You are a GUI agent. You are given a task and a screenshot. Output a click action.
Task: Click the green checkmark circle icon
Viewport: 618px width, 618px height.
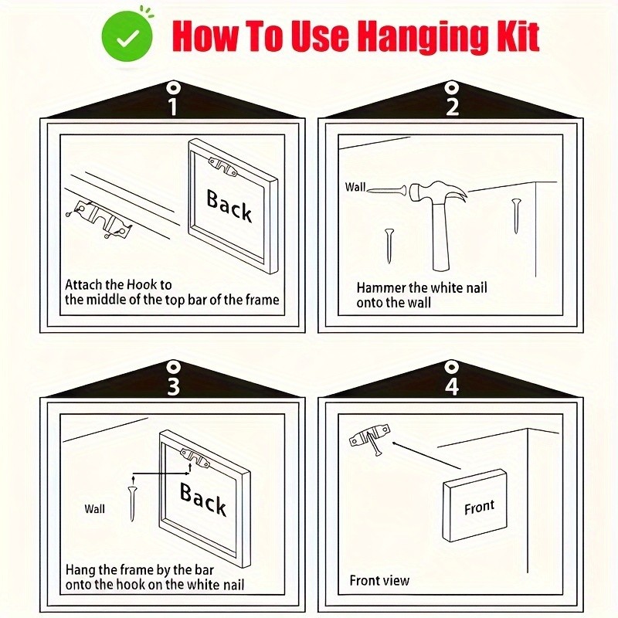(x=127, y=36)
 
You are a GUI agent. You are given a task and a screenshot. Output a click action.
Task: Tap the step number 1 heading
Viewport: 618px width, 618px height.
(x=172, y=107)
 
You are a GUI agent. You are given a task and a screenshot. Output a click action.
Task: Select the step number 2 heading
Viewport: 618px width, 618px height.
(x=452, y=107)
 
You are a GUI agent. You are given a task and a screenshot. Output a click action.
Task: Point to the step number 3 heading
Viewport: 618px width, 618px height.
(x=173, y=386)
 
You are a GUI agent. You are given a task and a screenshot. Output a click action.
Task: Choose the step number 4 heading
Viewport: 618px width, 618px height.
(x=452, y=386)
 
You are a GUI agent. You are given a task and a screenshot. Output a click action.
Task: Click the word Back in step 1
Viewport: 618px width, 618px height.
(x=229, y=205)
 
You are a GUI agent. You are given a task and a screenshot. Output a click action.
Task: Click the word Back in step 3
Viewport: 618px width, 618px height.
(x=203, y=499)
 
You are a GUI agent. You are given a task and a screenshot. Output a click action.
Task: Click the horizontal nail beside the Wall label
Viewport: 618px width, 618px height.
(x=387, y=191)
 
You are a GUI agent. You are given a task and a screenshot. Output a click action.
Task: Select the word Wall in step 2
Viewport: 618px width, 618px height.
(x=355, y=187)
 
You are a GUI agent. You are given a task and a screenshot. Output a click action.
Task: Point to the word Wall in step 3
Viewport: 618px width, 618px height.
(x=94, y=509)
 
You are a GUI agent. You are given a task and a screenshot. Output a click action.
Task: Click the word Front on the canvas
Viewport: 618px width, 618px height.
(x=479, y=508)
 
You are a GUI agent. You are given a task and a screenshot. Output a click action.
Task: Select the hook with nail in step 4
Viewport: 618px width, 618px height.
(x=370, y=438)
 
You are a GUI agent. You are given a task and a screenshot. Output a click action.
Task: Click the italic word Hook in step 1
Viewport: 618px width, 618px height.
(x=142, y=284)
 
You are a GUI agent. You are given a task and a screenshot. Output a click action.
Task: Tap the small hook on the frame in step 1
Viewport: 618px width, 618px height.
(x=223, y=167)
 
